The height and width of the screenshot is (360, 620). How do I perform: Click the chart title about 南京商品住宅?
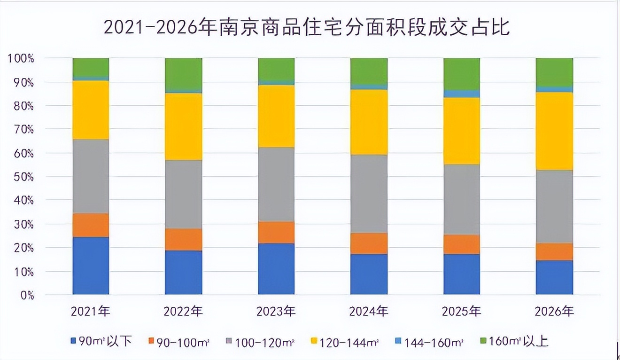pyautogui.click(x=306, y=28)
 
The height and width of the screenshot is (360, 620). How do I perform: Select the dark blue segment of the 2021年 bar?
pyautogui.click(x=91, y=266)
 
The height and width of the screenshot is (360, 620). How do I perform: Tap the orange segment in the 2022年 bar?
pyautogui.click(x=183, y=239)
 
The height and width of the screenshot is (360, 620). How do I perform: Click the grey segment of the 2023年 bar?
pyautogui.click(x=276, y=184)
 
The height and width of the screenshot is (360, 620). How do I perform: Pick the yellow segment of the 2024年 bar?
pyautogui.click(x=369, y=122)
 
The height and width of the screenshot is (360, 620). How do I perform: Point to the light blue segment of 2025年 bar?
pyautogui.click(x=461, y=94)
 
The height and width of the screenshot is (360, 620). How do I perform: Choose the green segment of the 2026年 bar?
pyautogui.click(x=554, y=72)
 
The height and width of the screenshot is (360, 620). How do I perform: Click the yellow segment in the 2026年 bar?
pyautogui.click(x=554, y=131)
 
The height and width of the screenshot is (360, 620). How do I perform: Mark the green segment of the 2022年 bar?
pyautogui.click(x=183, y=74)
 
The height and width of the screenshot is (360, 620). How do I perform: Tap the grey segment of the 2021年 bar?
pyautogui.click(x=91, y=176)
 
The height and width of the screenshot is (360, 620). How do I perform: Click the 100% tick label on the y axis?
pyautogui.click(x=21, y=59)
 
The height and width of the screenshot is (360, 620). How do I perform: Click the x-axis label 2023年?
pyautogui.click(x=276, y=311)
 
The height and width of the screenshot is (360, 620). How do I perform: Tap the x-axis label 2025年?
pyautogui.click(x=461, y=311)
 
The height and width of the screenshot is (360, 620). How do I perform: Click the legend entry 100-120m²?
pyautogui.click(x=261, y=342)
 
